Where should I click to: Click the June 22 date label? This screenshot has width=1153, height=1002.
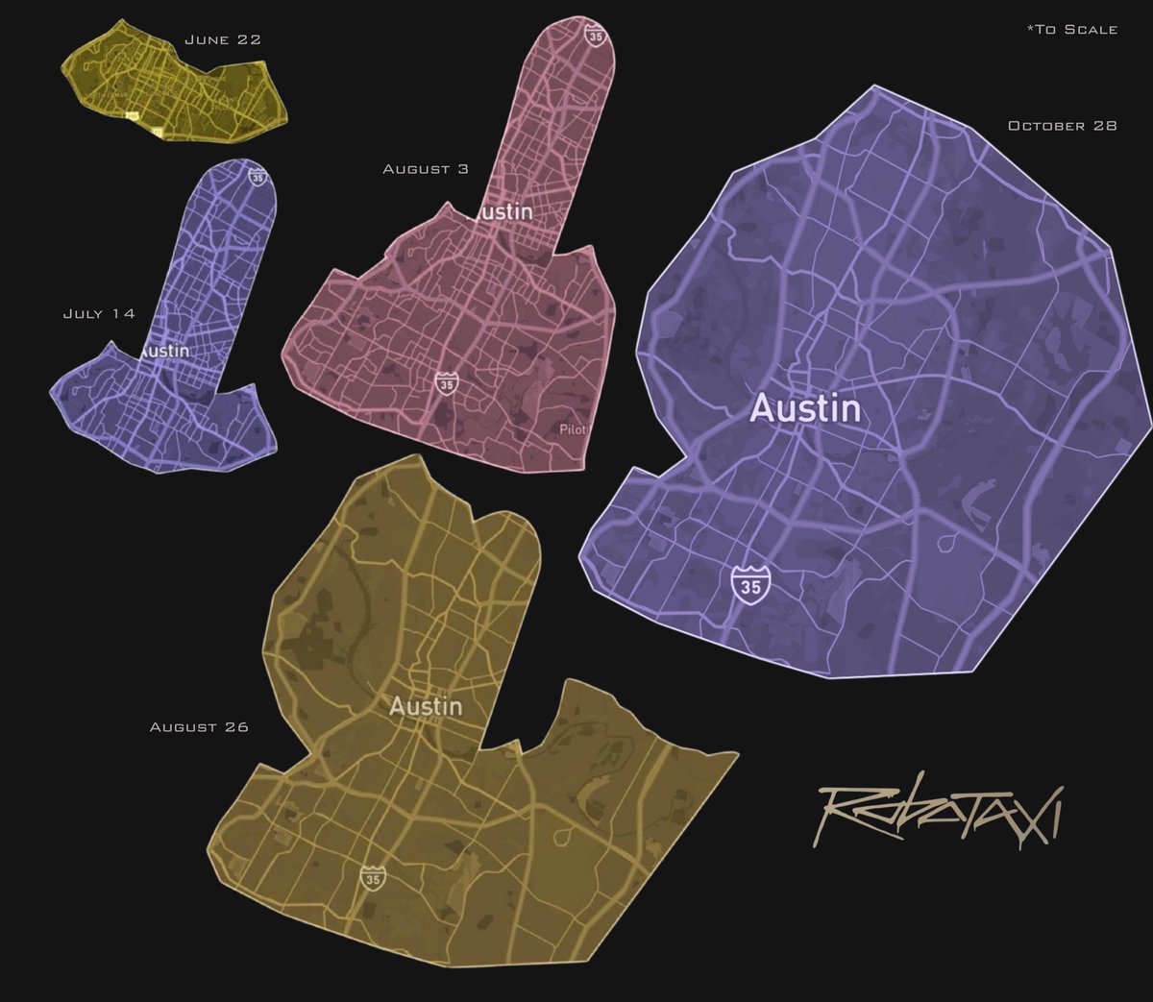(222, 40)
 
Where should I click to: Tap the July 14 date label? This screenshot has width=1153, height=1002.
(99, 314)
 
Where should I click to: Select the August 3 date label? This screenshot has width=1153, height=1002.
(426, 169)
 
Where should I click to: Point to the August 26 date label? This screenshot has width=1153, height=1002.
(199, 727)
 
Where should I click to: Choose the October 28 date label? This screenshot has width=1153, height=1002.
(1062, 126)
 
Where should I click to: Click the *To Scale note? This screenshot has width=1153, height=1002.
(1071, 30)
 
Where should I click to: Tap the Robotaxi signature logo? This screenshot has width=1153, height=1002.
(939, 815)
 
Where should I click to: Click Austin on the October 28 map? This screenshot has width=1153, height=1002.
(805, 409)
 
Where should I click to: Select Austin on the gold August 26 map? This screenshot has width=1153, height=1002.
(426, 706)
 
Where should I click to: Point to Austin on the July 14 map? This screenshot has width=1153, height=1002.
(164, 351)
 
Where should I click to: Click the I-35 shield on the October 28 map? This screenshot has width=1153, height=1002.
(750, 584)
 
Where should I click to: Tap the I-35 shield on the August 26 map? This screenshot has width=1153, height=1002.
(373, 877)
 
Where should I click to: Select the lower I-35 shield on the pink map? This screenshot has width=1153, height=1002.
(446, 382)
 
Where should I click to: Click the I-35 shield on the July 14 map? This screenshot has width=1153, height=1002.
(257, 176)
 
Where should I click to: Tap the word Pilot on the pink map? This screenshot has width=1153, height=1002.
(572, 429)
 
